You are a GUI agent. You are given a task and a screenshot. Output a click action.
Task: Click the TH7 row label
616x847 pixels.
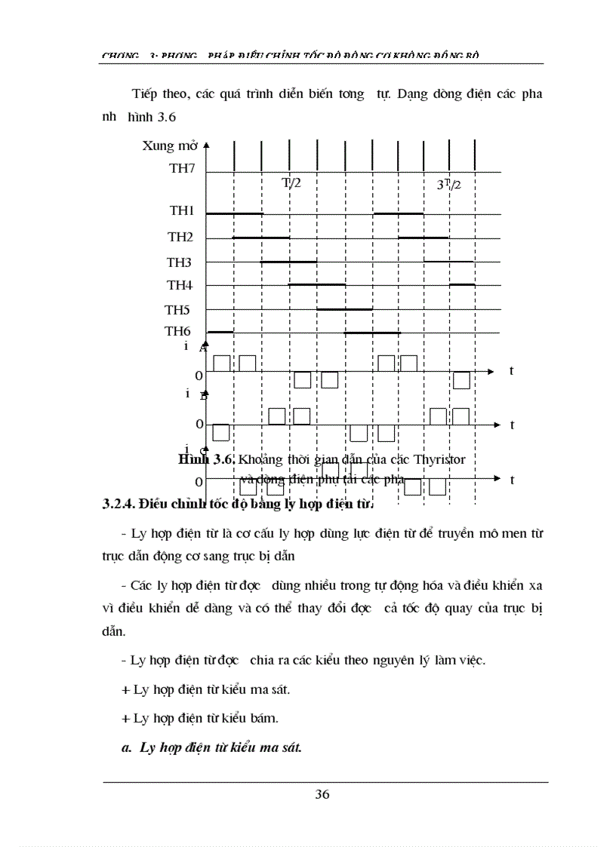click(182, 168)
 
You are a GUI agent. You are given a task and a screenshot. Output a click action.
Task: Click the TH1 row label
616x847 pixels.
click(181, 212)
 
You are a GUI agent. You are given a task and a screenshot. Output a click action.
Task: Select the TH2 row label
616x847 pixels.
click(180, 237)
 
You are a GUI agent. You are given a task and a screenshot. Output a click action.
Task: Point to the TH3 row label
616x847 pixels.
click(180, 262)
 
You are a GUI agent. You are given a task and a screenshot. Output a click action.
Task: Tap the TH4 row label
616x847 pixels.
click(180, 285)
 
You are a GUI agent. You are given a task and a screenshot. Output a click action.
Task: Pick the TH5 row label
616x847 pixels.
click(178, 309)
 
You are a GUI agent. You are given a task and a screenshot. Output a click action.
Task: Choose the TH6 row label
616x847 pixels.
click(178, 331)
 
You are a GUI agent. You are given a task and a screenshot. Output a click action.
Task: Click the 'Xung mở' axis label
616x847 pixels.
click(170, 146)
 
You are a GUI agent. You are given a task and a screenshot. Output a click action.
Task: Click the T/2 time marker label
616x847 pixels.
click(292, 183)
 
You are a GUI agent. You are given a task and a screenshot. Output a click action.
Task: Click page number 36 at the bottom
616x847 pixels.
click(322, 793)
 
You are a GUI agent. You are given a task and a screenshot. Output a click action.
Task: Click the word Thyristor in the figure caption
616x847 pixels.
click(449, 458)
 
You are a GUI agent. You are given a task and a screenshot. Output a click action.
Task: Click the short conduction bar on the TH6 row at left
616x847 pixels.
click(220, 332)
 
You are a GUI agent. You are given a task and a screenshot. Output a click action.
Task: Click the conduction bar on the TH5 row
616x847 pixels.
click(344, 309)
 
